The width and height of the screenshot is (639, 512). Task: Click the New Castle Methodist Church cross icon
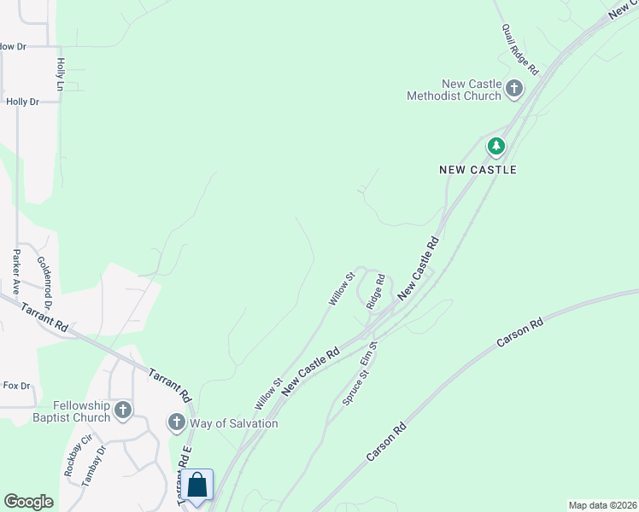(514, 88)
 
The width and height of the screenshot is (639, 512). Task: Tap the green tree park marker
(496, 147)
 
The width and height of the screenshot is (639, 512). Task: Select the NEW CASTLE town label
(478, 170)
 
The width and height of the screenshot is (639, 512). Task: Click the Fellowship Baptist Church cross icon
(123, 410)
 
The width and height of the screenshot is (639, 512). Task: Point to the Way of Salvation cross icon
(177, 422)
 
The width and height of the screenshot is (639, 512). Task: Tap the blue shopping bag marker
(197, 486)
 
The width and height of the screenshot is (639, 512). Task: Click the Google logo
(28, 502)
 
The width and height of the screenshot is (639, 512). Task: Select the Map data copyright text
(603, 505)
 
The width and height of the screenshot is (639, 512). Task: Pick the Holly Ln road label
(61, 75)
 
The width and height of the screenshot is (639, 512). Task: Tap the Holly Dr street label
(23, 102)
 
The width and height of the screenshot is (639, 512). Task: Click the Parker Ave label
(15, 272)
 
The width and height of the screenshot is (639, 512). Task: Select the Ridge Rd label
(376, 291)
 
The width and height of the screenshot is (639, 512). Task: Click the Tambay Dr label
(94, 465)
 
